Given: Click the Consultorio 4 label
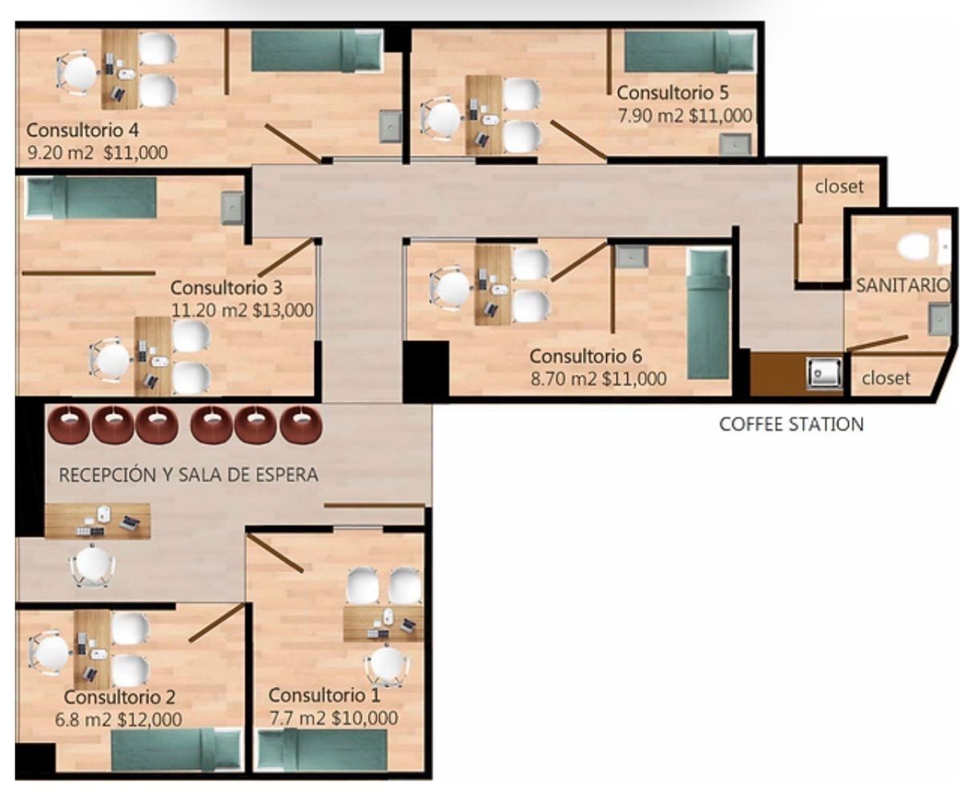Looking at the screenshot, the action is click(82, 130).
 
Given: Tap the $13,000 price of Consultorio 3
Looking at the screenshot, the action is click(283, 310).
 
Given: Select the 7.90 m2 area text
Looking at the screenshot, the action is click(650, 115).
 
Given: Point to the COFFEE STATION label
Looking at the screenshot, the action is click(791, 424).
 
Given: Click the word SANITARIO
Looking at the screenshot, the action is click(903, 285).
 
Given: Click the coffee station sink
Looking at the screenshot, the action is click(825, 373).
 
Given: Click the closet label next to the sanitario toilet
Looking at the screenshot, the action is click(839, 187).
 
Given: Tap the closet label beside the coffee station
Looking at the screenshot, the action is click(886, 378).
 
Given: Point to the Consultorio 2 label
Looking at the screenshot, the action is click(119, 697).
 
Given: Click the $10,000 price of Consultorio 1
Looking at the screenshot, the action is click(364, 718).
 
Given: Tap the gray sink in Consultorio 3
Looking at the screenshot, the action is click(233, 208).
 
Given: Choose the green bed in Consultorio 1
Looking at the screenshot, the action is click(322, 750).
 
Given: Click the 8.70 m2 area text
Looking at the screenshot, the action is click(564, 379).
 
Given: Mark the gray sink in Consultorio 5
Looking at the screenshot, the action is click(735, 144).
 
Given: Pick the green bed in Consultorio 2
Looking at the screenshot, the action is click(176, 750).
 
